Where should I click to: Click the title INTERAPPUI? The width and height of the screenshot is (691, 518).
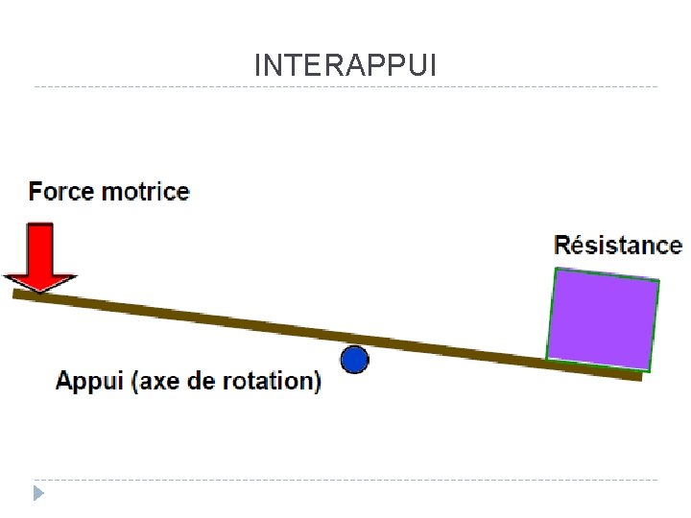[x=345, y=65]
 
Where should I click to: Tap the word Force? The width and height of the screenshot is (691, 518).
[x=61, y=191]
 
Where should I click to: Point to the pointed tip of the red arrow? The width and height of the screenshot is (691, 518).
[x=38, y=289]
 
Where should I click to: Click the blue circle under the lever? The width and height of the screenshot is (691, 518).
[x=355, y=360]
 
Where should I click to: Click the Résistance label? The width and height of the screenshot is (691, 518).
[x=618, y=246]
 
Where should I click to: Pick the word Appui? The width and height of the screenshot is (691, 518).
[x=91, y=381]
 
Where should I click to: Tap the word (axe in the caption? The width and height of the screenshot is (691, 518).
[x=161, y=381]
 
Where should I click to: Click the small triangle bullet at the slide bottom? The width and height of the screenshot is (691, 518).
[x=38, y=493]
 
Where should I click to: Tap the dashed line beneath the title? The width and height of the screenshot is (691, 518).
[x=345, y=87]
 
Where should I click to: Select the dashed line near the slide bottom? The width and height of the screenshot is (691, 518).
[x=345, y=480]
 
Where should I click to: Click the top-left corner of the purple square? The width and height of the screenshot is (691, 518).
[x=557, y=271]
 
